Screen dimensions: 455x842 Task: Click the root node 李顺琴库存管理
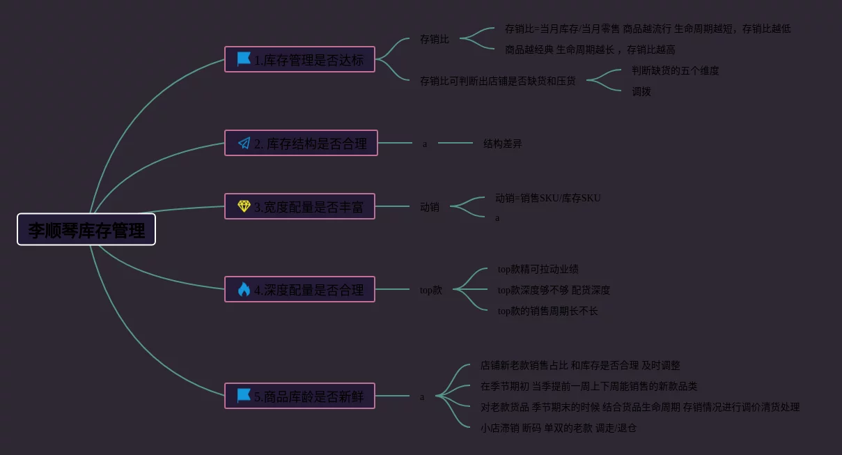click(x=86, y=229)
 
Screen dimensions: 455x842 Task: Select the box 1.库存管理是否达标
click(x=299, y=59)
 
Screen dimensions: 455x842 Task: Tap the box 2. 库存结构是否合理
click(x=301, y=143)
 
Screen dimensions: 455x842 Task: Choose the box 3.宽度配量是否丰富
click(x=299, y=206)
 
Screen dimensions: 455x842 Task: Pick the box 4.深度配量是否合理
click(x=299, y=289)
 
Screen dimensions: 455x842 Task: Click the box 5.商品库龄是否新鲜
click(x=299, y=396)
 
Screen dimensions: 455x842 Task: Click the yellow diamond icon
click(x=244, y=206)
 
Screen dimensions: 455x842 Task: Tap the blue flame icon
click(x=244, y=289)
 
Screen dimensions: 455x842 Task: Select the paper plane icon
click(x=244, y=143)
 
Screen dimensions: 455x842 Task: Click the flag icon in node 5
click(x=244, y=396)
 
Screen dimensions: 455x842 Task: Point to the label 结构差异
click(x=502, y=144)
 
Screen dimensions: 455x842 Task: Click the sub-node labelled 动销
click(x=430, y=207)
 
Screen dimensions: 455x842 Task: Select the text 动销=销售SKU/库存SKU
click(x=547, y=198)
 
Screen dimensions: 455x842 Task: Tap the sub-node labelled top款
click(x=431, y=290)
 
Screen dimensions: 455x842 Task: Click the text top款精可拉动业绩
click(x=538, y=269)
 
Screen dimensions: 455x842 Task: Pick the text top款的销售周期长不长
click(x=547, y=311)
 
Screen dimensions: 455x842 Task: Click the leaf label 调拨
click(x=641, y=91)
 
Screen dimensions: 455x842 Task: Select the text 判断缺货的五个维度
click(x=675, y=70)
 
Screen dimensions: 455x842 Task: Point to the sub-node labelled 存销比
click(x=435, y=39)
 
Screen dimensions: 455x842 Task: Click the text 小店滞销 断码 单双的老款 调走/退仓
click(x=558, y=428)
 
